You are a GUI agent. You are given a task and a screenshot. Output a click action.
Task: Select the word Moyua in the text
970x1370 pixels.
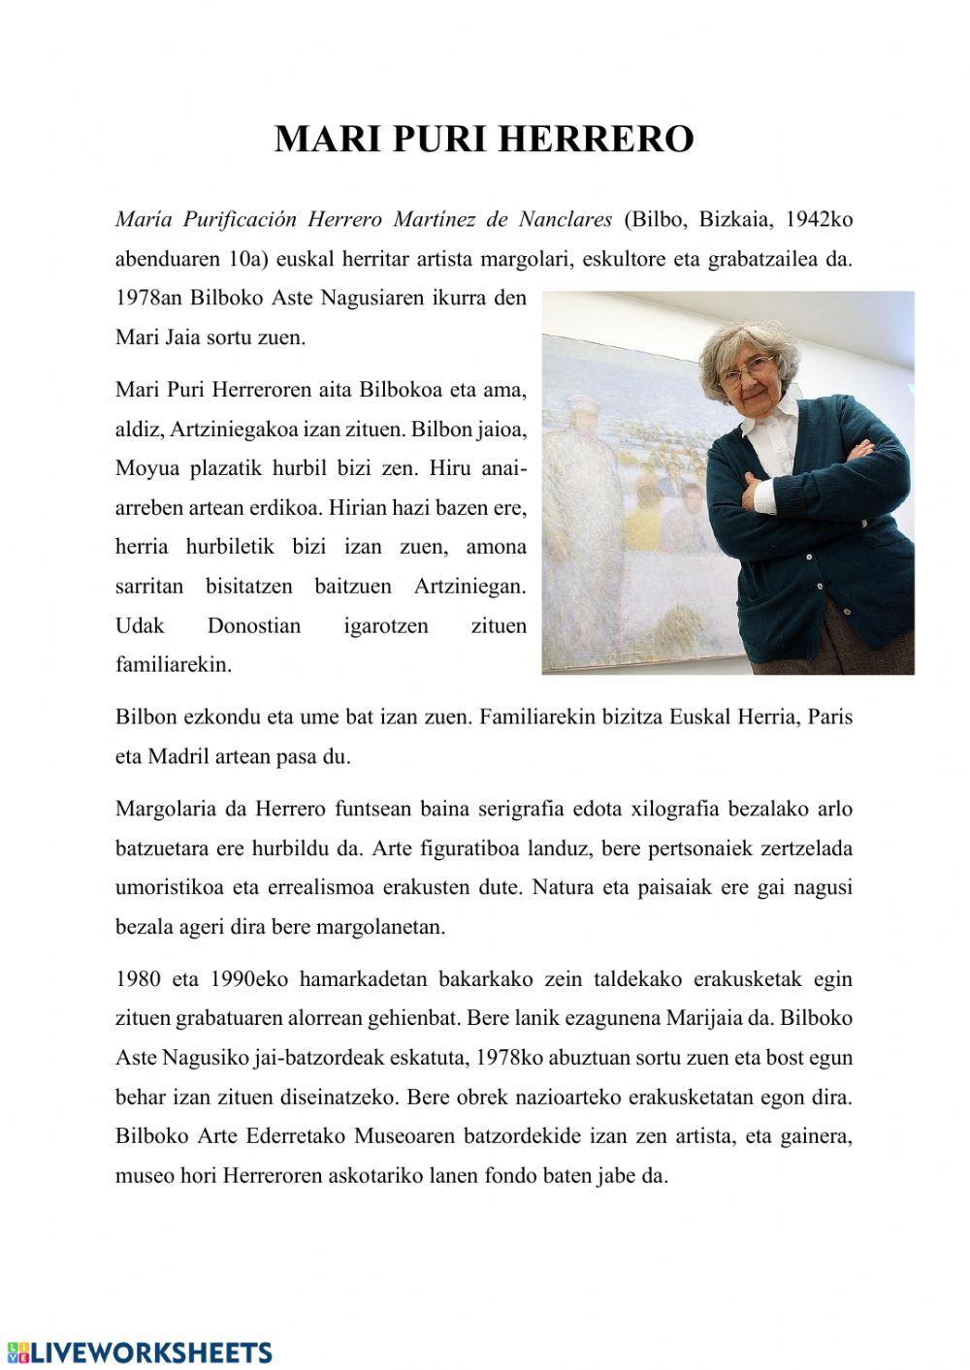[144, 468]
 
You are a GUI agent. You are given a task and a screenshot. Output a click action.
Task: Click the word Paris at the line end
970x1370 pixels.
[829, 718]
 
